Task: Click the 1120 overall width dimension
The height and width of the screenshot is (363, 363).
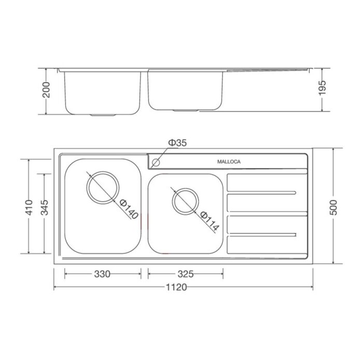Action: pyautogui.click(x=177, y=287)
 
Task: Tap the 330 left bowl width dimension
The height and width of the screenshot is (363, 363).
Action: pyautogui.click(x=102, y=274)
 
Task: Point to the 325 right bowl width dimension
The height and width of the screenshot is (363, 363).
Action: pyautogui.click(x=185, y=274)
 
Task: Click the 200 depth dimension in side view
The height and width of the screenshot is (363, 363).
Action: pyautogui.click(x=46, y=92)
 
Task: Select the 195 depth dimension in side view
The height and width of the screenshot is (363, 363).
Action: pyautogui.click(x=322, y=90)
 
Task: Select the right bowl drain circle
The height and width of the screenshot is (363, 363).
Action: pyautogui.click(x=185, y=201)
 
